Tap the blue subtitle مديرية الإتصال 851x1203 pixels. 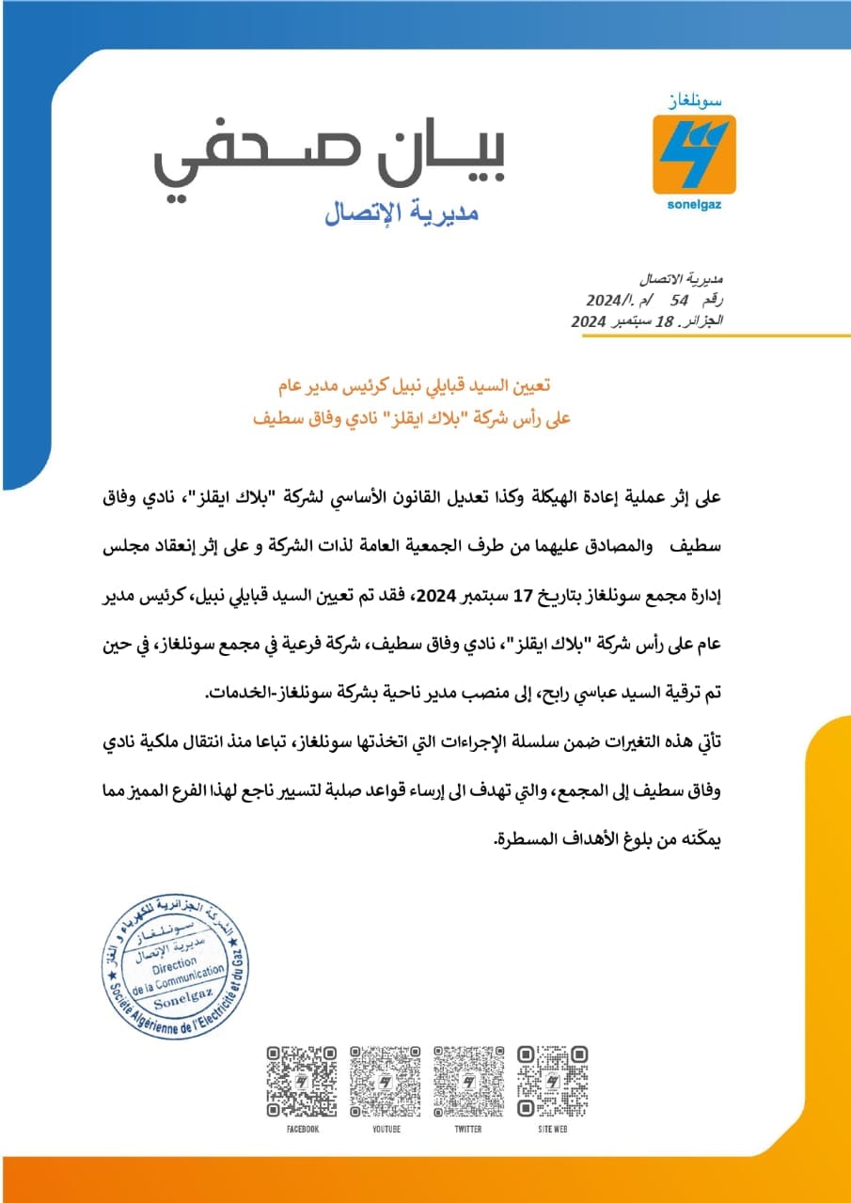(402, 214)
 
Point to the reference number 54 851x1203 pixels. (679, 300)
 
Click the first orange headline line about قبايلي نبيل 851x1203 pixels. (417, 386)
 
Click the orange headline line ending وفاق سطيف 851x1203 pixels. (417, 416)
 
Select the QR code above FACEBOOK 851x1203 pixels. (302, 1081)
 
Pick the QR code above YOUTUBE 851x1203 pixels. (385, 1081)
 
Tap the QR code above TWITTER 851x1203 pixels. (468, 1081)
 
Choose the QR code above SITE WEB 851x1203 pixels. (552, 1081)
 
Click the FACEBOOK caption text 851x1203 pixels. (302, 1129)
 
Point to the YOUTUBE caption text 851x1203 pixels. (385, 1129)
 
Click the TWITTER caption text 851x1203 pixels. (468, 1129)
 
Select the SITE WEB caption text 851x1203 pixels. (552, 1129)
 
